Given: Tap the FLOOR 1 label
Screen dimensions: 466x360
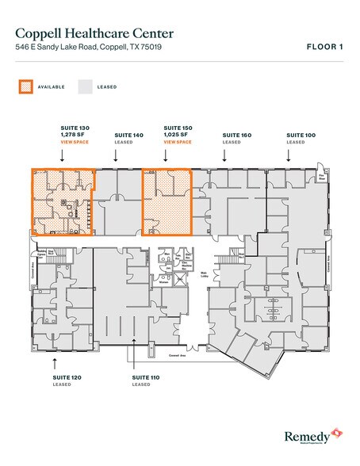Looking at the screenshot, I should point(325,48).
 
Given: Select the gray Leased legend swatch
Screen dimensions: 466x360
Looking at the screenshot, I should point(86,86).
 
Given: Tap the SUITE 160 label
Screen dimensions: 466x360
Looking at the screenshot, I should point(236,136).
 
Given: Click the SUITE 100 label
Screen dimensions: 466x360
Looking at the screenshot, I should point(301,136).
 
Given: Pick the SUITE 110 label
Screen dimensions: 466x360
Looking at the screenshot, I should point(147,377).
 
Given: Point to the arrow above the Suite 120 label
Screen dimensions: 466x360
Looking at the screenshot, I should point(53,362).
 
